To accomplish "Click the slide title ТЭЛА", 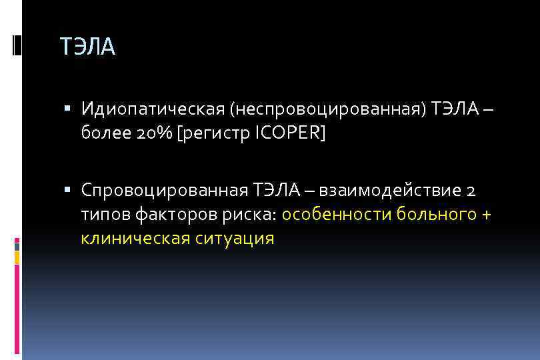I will tap(87, 47).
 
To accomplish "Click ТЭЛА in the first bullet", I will tap(455, 108).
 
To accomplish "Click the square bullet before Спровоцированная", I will tap(70, 189).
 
